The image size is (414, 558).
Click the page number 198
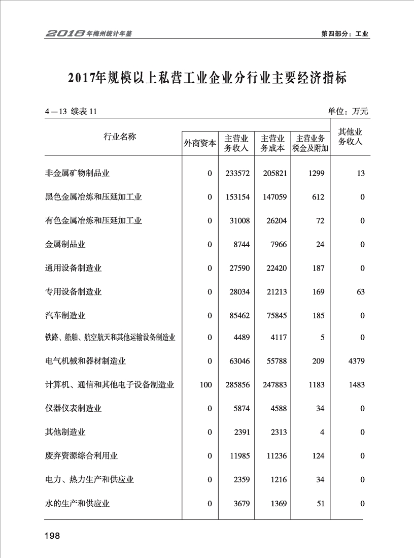pos(52,536)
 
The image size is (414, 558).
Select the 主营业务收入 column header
pos(236,143)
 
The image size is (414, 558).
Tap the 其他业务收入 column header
pos(351,137)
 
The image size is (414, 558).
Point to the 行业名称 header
pos(120,137)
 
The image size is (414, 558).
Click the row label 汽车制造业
pos(65,315)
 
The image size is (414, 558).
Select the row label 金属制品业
pos(65,244)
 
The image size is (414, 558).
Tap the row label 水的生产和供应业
pos(77,504)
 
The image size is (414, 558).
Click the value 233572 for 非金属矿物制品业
pos(237,173)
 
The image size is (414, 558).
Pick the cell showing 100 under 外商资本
pos(205,385)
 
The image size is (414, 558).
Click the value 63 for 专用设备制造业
pos(361,292)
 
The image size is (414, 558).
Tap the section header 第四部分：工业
pos(345,34)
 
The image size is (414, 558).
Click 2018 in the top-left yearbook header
pos(65,34)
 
